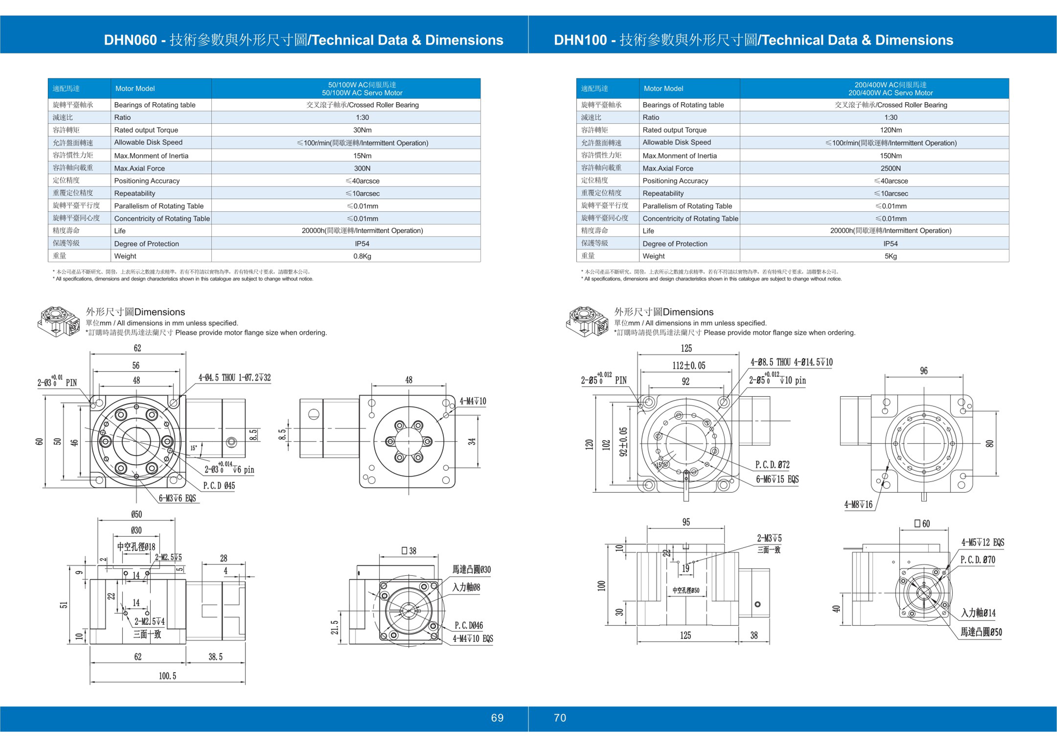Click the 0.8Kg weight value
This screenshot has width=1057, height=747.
tap(362, 256)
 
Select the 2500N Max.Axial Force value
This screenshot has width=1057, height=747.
tap(890, 168)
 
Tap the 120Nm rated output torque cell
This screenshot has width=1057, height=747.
tap(890, 130)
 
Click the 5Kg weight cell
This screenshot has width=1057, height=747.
tap(890, 256)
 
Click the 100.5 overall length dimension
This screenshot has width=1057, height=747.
tap(168, 676)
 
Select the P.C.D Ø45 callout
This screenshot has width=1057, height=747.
tap(219, 486)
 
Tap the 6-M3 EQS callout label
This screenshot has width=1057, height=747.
tap(177, 498)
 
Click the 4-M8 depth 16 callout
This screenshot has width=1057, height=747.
tap(858, 505)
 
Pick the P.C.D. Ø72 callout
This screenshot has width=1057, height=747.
tap(772, 465)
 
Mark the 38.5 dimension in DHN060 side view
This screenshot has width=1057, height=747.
tap(215, 657)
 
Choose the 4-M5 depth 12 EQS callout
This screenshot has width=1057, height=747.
tap(982, 542)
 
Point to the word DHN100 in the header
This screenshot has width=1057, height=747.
tap(580, 40)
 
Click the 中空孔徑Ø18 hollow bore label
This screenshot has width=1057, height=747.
tap(136, 546)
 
